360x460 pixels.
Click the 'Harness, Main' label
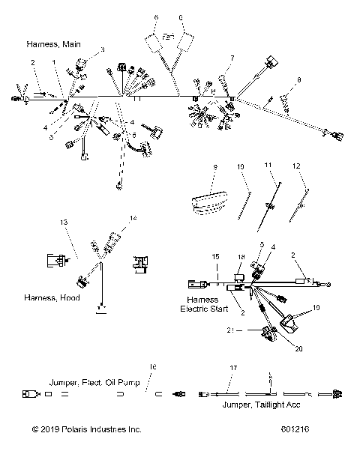click(x=53, y=43)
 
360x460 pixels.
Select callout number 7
click(x=232, y=58)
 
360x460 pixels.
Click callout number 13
click(x=64, y=223)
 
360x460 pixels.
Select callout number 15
click(x=214, y=256)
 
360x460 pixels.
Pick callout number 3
click(x=102, y=49)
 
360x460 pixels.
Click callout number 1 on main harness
click(x=53, y=61)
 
